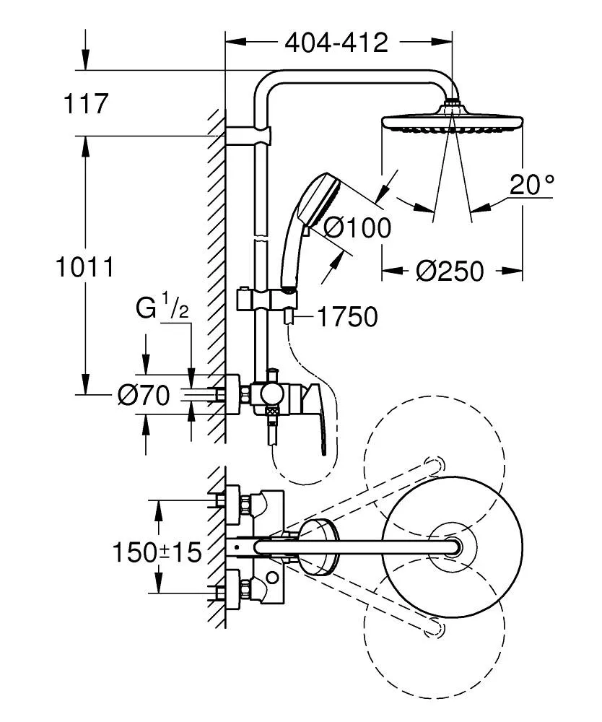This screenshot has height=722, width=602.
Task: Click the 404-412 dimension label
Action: (x=336, y=43)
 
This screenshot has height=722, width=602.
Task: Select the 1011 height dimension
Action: (x=85, y=267)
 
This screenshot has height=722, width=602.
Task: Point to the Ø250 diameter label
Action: (x=450, y=271)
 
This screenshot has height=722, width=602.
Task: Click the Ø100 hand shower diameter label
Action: (x=357, y=228)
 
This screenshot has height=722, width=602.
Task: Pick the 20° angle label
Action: (x=531, y=186)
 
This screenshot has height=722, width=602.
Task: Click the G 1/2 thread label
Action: (x=162, y=309)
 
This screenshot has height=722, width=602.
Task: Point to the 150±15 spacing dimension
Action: (x=157, y=552)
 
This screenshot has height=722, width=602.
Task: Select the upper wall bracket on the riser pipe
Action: (x=249, y=136)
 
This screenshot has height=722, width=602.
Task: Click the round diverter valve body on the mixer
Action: (x=272, y=394)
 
